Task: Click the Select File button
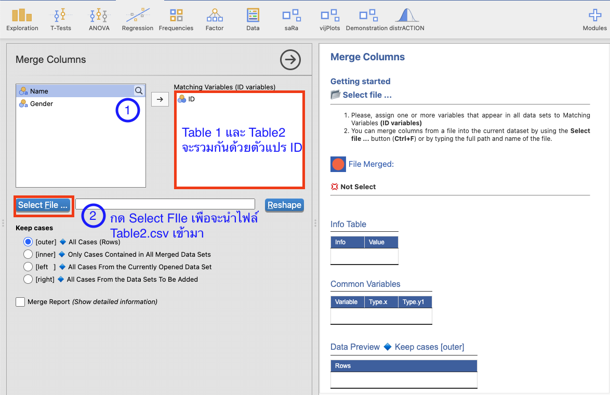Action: tap(43, 205)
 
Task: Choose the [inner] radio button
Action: tap(28, 255)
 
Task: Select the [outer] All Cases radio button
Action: tap(28, 242)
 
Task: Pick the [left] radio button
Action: tap(28, 267)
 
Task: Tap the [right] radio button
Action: tap(28, 280)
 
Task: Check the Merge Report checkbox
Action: tap(20, 302)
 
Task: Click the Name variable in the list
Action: tap(39, 91)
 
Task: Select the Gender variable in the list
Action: tap(41, 104)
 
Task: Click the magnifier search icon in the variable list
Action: tap(139, 90)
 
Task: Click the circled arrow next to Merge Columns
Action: tap(290, 60)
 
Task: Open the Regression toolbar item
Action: tap(138, 20)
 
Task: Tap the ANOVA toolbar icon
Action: tap(99, 20)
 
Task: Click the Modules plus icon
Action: tap(595, 16)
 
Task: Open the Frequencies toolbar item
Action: tap(176, 20)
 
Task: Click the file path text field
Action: tap(165, 204)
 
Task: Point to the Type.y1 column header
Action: tap(415, 302)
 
